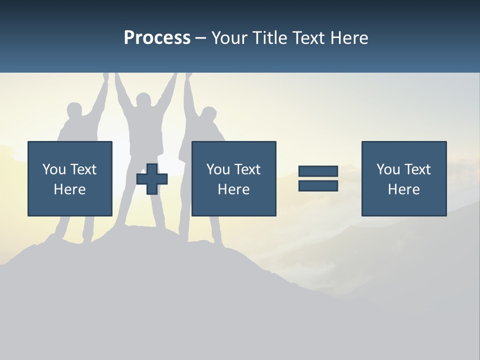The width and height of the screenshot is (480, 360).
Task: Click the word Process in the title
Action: click(x=157, y=38)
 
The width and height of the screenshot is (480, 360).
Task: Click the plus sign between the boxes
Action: click(x=152, y=179)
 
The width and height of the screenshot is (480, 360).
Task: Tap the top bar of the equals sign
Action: click(x=318, y=171)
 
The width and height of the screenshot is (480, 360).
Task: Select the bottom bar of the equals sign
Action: click(x=318, y=186)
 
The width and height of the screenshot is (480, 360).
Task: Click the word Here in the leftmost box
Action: click(x=70, y=189)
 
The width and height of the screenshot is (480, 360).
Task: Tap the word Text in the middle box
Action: click(x=247, y=169)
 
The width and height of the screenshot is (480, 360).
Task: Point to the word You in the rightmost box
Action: click(x=388, y=169)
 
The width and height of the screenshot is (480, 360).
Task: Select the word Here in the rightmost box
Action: click(x=404, y=189)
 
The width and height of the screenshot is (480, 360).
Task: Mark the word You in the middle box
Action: click(x=218, y=169)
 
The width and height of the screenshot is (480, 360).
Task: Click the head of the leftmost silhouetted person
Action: click(x=74, y=110)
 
